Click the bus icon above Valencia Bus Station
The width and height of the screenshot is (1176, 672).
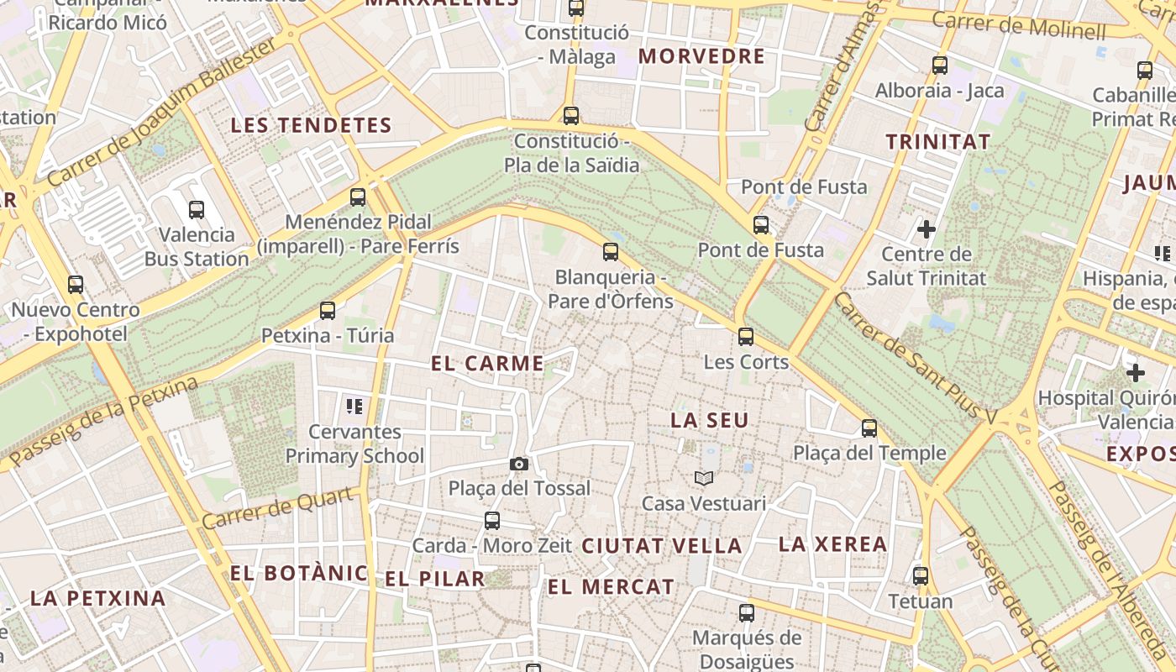[197, 210]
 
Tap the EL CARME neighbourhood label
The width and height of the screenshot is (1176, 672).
[487, 364]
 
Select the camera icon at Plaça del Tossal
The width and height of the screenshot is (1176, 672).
[519, 464]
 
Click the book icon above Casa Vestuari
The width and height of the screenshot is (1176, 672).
[704, 479]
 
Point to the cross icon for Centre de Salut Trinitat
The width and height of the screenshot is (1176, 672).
[927, 228]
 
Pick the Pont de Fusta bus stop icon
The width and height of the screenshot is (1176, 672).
[761, 225]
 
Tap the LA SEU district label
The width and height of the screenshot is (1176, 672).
[710, 421]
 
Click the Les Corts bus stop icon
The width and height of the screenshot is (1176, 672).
[746, 338]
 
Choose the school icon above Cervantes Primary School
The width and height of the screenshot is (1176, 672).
[354, 407]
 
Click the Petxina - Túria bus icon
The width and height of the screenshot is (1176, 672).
[328, 311]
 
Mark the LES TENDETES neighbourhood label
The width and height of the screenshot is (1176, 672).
[312, 126]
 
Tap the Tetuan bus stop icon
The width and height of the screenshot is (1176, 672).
[921, 576]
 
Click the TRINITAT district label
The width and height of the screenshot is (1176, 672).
[938, 142]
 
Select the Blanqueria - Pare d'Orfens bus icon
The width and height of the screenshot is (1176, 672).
[611, 252]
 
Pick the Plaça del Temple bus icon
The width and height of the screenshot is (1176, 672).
[869, 428]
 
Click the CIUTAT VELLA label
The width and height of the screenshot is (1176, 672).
[662, 546]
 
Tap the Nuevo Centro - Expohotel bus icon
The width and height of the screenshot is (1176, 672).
[76, 285]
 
